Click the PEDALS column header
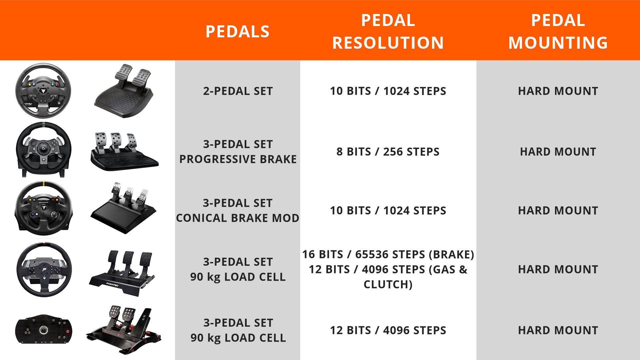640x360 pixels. coord(237,32)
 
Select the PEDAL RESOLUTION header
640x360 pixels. coord(388,32)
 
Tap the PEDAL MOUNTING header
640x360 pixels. coord(558,32)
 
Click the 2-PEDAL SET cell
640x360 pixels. coord(238,91)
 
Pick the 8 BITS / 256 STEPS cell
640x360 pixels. coord(388,152)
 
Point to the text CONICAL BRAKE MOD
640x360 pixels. coord(238,218)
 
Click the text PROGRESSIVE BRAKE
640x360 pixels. coord(238,159)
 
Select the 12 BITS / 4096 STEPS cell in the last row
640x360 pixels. coord(388,330)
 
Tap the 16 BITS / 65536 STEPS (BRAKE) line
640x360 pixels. coord(388,254)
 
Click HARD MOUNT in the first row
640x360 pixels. coord(558,91)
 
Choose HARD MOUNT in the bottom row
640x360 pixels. coord(558,330)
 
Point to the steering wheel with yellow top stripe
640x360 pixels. coord(43,208)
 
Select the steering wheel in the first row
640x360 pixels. coord(43,91)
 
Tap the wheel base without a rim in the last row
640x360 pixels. coord(44,329)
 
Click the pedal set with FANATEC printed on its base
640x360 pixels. coord(122,273)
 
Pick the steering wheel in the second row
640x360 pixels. coord(44,149)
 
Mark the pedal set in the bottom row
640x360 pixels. coord(124,330)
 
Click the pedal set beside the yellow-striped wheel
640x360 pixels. coord(124,208)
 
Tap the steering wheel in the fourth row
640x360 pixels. coord(44,269)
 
